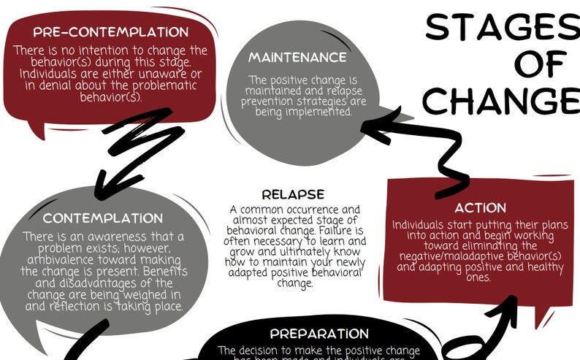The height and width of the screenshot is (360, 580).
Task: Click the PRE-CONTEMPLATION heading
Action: click(110, 32)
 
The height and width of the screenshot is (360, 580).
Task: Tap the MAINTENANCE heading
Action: click(297, 57)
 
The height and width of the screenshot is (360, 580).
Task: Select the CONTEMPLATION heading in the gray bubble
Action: click(102, 218)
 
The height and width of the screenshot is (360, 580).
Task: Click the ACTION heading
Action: click(480, 208)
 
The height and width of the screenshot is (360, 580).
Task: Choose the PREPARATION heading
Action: click(319, 334)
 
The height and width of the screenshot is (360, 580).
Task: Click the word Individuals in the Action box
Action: click(419, 224)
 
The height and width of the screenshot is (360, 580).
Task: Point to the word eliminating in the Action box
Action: click(505, 246)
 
